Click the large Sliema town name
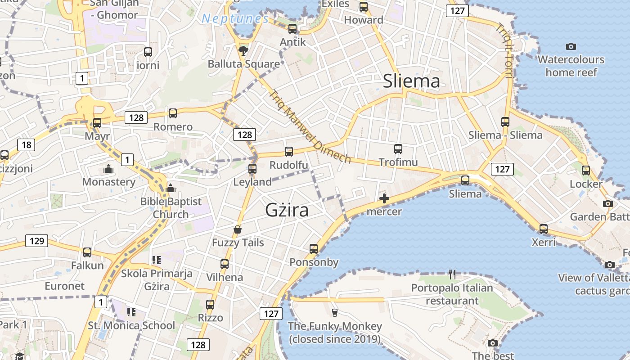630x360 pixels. (411, 81)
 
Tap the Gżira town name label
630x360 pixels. (287, 210)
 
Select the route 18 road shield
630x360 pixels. (26, 144)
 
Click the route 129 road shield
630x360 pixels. (36, 241)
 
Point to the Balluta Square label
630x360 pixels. (244, 64)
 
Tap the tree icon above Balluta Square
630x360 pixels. (243, 50)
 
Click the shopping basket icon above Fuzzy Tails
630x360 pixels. (238, 230)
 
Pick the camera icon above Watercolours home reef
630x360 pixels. (571, 46)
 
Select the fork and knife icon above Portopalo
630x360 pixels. (452, 274)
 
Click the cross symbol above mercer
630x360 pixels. (384, 198)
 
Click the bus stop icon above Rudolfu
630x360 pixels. (289, 152)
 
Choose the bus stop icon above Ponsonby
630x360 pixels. (314, 248)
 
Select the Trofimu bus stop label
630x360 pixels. (398, 162)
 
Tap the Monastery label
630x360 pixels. (108, 182)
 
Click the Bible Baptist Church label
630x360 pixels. (171, 208)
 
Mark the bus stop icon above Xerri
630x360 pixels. (544, 229)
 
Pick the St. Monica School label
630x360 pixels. (131, 325)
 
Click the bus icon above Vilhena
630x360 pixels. (225, 264)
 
